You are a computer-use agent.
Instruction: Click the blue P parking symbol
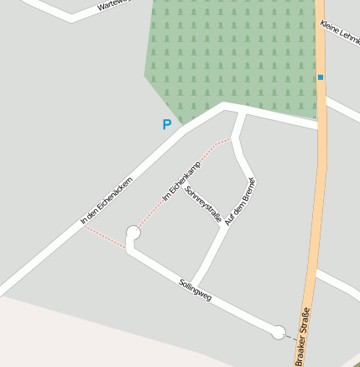[x=166, y=125]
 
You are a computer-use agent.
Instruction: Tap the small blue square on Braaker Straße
[x=321, y=77]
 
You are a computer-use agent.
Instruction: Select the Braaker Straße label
[x=302, y=336]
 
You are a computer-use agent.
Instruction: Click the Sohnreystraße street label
[x=203, y=206]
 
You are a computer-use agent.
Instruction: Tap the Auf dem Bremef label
[x=240, y=201]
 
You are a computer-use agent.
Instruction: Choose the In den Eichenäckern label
[x=107, y=201]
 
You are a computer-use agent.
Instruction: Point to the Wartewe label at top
[x=114, y=5]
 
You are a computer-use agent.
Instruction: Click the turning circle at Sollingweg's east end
[x=279, y=333]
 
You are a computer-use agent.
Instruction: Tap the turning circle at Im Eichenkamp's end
[x=133, y=232]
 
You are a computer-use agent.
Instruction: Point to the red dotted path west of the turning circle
[x=105, y=237]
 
